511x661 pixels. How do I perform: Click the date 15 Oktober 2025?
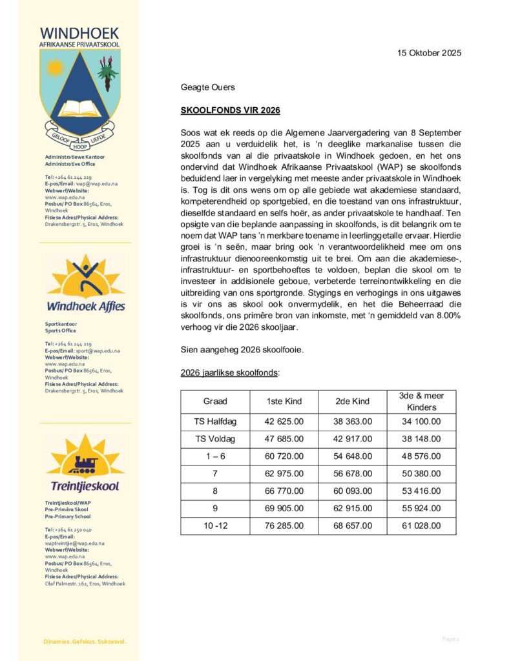point(429,54)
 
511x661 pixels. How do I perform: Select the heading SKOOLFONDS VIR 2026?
point(230,111)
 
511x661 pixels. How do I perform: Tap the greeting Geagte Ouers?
point(207,87)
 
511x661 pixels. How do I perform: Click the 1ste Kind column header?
point(284,402)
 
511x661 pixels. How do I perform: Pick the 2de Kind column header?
point(352,402)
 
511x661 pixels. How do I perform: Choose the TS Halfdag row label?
point(215,422)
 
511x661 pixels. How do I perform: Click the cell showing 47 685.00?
point(284,440)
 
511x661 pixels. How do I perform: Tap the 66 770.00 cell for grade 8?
point(284,491)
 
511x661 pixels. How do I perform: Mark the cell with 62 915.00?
point(352,509)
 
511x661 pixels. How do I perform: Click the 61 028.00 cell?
point(421,526)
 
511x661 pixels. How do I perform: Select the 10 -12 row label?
point(215,526)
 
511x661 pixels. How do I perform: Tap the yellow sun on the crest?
point(55,66)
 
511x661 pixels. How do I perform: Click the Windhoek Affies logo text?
point(86,305)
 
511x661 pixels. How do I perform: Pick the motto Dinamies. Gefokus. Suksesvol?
point(85,642)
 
